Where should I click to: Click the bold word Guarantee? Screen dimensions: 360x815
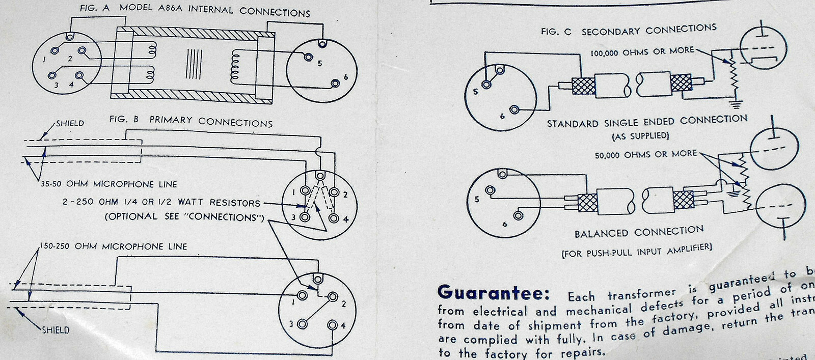coord(493,293)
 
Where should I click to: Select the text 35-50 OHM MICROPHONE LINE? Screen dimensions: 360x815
coord(109,184)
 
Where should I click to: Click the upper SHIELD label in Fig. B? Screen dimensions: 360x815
coord(70,123)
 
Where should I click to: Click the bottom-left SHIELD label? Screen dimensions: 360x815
coord(56,330)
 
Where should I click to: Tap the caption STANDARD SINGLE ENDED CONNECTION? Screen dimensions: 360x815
coord(647,122)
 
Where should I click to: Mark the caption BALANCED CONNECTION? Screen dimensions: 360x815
coord(639,233)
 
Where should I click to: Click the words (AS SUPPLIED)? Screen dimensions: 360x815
coord(640,136)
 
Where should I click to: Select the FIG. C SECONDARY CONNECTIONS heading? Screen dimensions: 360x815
coord(629,30)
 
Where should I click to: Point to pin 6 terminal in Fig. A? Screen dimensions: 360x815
coord(335,84)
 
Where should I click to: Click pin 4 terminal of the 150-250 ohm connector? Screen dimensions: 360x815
coord(333,325)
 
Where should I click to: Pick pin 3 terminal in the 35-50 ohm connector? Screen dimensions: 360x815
coord(305,217)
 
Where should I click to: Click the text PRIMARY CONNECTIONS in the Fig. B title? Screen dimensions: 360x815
coord(210,122)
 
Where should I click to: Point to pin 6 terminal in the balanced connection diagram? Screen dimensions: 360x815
coord(518,216)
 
